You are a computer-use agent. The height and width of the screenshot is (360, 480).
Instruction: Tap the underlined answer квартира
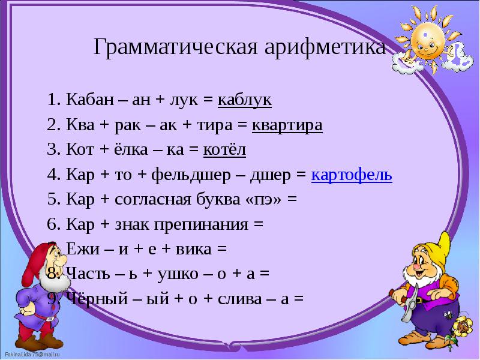(287, 125)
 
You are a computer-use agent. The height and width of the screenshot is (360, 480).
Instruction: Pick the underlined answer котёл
(224, 150)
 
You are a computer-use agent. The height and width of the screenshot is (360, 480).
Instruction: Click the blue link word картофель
(352, 175)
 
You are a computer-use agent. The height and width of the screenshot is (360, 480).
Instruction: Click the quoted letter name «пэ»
(265, 200)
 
